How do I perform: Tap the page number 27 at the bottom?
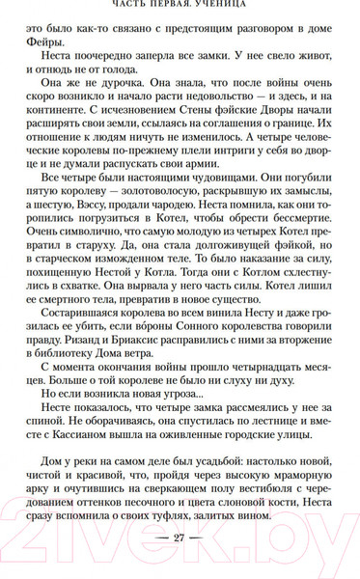coord(179,538)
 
